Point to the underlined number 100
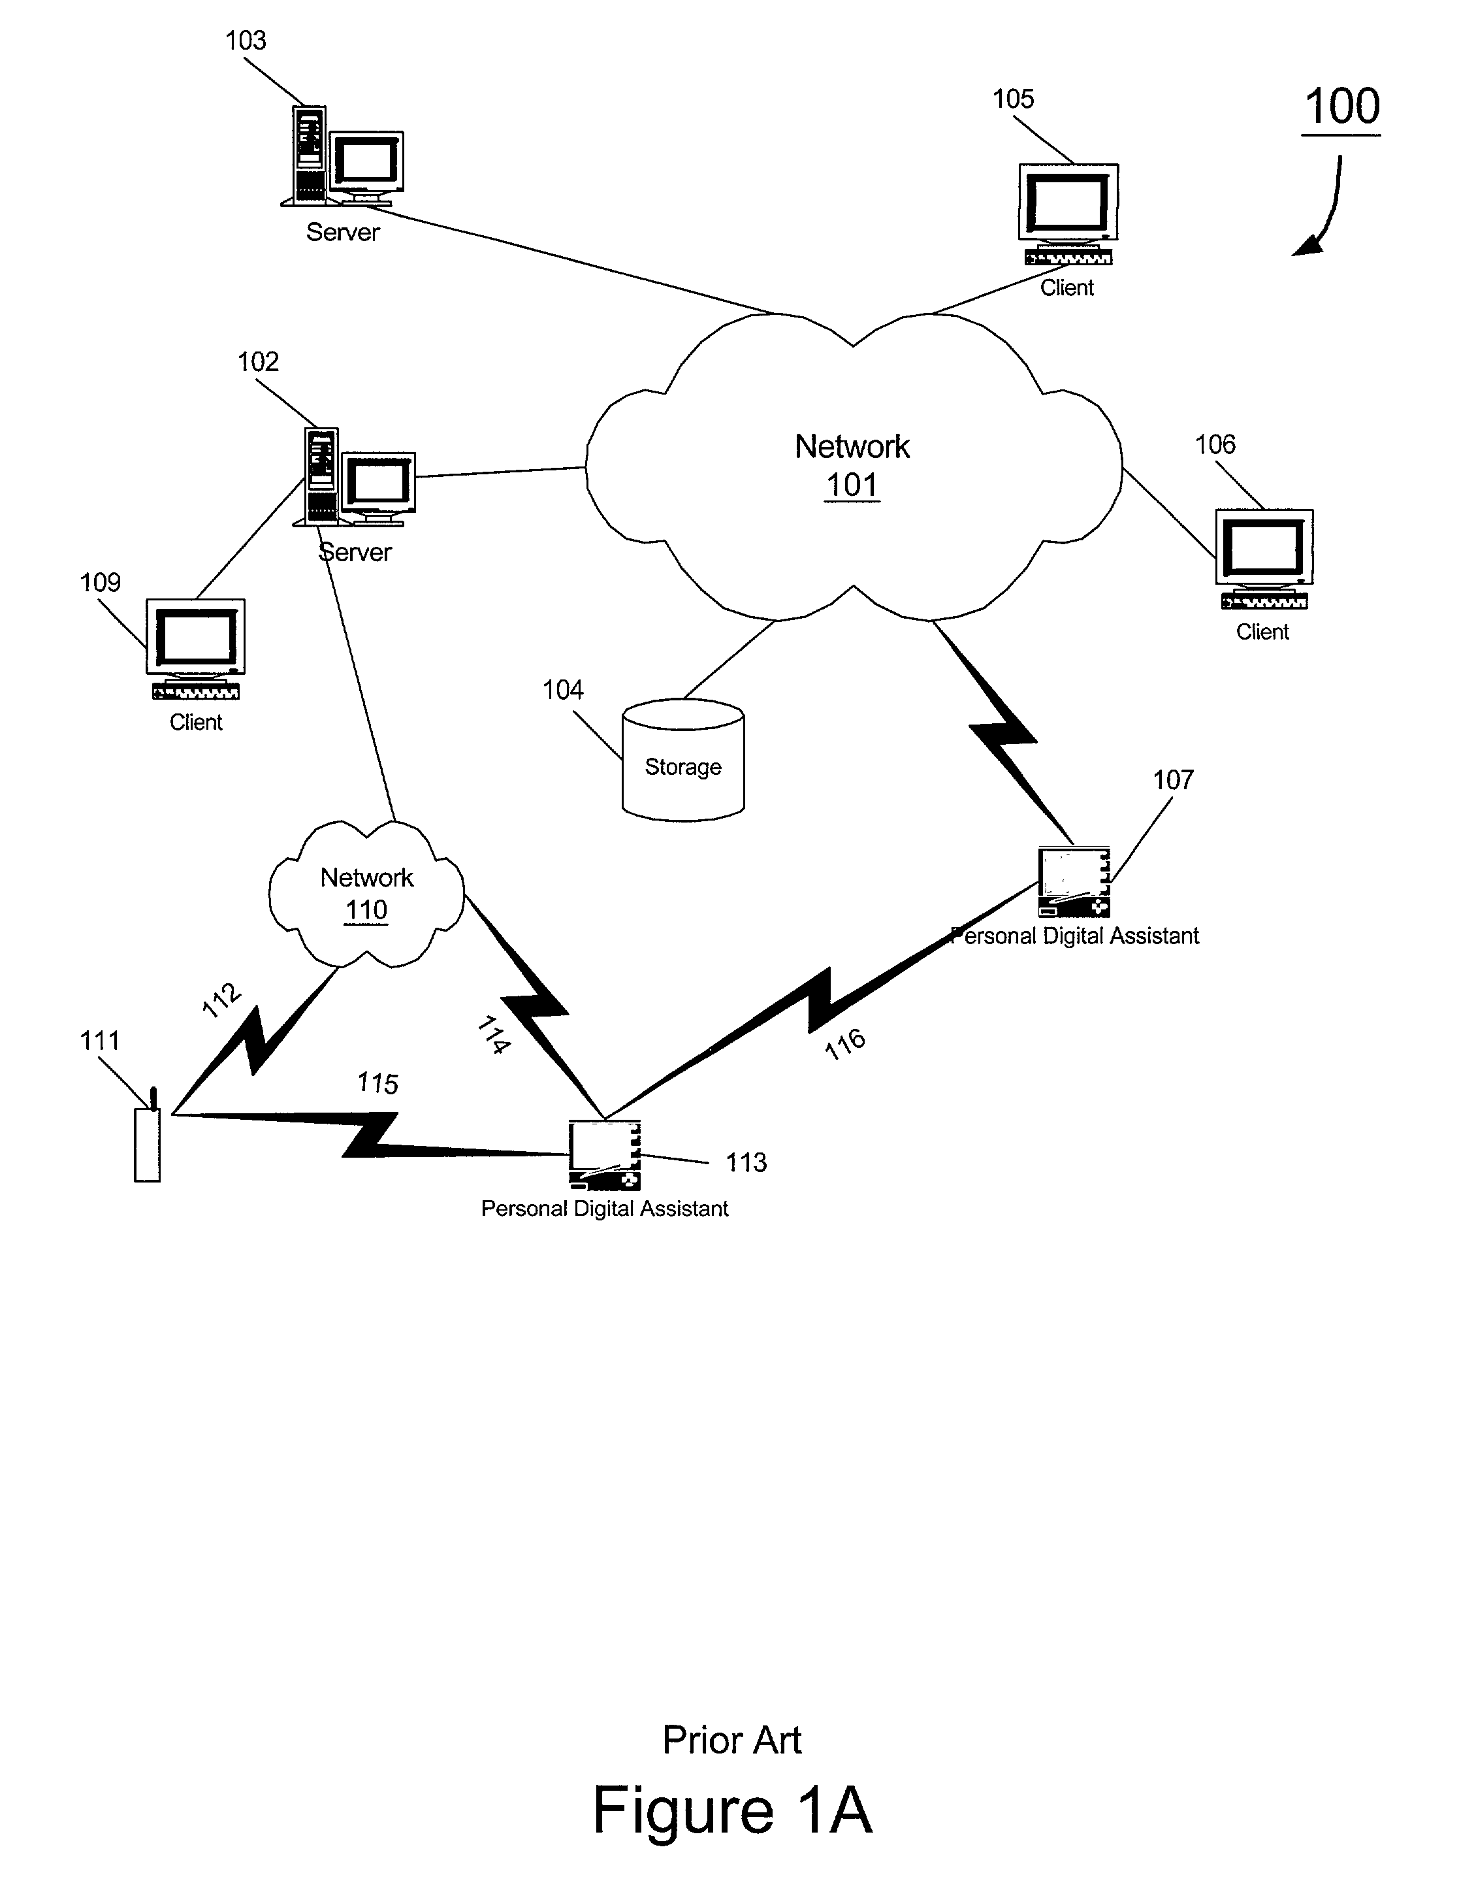pyautogui.click(x=1341, y=106)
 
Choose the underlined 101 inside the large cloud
pyautogui.click(x=852, y=485)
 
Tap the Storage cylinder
pyautogui.click(x=683, y=760)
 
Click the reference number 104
pyautogui.click(x=563, y=690)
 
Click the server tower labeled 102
pyautogui.click(x=321, y=476)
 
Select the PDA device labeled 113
pyautogui.click(x=605, y=1155)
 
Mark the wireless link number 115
pyautogui.click(x=378, y=1083)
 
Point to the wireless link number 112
pyautogui.click(x=221, y=1000)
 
